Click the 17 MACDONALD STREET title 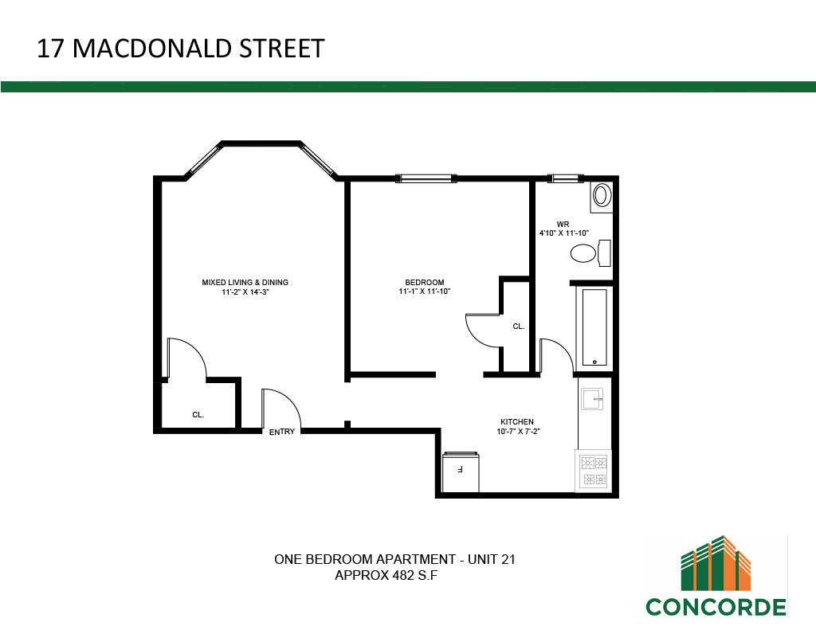click(181, 49)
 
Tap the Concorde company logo click(716, 577)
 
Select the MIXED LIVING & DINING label click(245, 283)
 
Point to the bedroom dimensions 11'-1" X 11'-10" click(424, 292)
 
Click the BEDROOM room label click(425, 283)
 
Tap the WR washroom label click(563, 225)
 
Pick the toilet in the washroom click(590, 253)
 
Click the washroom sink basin click(602, 196)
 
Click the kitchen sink click(592, 399)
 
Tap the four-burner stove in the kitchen click(594, 471)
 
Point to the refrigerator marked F click(461, 472)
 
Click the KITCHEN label click(517, 422)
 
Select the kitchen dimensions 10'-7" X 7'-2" click(518, 431)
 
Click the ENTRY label click(282, 432)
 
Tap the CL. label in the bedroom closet click(518, 327)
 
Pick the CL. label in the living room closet click(198, 415)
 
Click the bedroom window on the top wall click(426, 178)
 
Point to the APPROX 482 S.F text click(386, 575)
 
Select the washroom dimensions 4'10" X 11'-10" click(564, 233)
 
